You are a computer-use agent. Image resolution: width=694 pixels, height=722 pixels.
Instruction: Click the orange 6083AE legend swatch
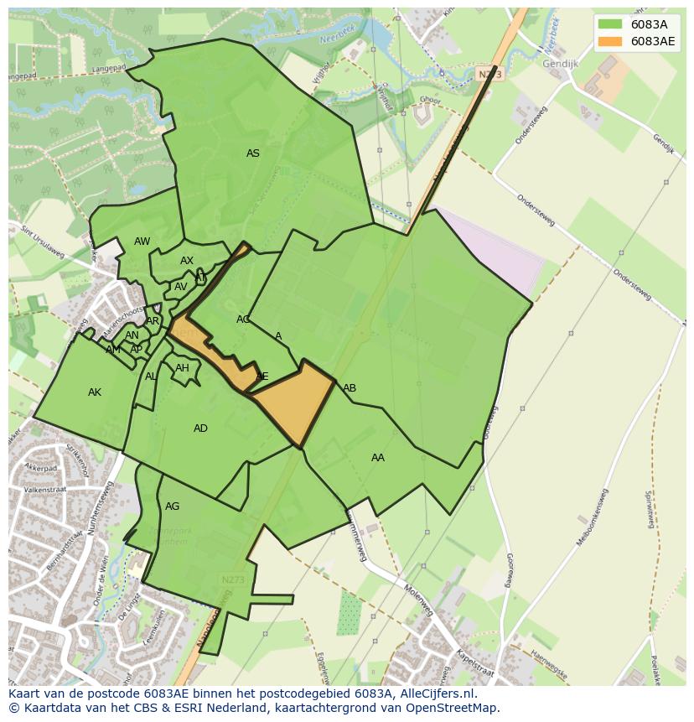tap(610, 41)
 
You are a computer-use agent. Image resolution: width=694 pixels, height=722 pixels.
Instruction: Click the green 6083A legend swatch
tap(610, 24)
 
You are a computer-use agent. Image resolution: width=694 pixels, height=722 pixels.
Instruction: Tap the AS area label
tap(252, 153)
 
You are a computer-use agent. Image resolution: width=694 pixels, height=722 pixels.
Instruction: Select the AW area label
tap(142, 242)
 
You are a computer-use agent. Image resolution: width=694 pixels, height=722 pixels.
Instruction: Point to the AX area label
tap(187, 261)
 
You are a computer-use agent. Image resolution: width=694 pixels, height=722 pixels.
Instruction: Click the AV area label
tap(181, 287)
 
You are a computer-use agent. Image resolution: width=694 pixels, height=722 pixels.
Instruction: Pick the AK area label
tap(95, 392)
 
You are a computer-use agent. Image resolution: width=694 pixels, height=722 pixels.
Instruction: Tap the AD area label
tap(200, 429)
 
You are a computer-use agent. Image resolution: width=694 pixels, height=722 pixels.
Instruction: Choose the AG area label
tap(172, 506)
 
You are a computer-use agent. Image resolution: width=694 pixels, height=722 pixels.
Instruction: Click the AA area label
tap(378, 458)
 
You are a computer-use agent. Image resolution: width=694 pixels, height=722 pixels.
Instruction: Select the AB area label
tap(350, 388)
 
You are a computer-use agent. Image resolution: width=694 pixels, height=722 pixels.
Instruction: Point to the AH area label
tap(182, 368)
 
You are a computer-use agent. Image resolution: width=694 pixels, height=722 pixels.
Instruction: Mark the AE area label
tap(262, 377)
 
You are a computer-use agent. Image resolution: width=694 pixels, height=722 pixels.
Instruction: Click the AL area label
tap(151, 377)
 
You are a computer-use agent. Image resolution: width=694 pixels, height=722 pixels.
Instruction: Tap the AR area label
tap(153, 321)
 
